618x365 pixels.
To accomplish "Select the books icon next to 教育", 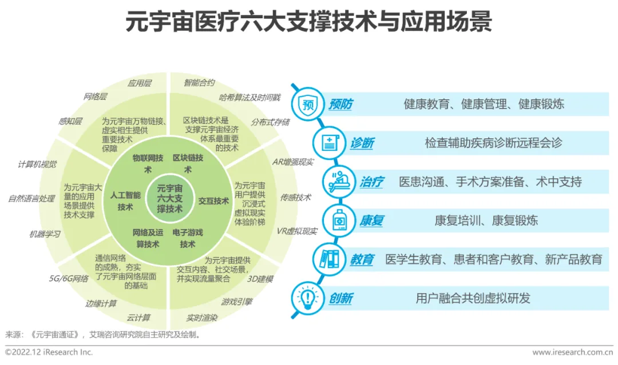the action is pos(329,259).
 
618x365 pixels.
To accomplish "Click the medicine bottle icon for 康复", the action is pos(339,220).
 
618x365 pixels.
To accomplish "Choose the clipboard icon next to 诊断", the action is pos(329,143).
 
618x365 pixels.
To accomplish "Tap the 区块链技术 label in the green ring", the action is pos(188,163).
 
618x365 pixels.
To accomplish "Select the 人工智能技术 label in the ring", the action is pos(125,201).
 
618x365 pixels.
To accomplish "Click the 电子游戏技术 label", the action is pos(188,238).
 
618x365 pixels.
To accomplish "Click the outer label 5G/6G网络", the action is pos(69,279).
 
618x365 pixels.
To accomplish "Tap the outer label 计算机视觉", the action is pos(37,165).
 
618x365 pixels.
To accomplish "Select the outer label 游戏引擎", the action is pos(237,301).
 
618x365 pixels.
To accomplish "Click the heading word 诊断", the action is pos(362,143).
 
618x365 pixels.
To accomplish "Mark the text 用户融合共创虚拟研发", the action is pos(473,298).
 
